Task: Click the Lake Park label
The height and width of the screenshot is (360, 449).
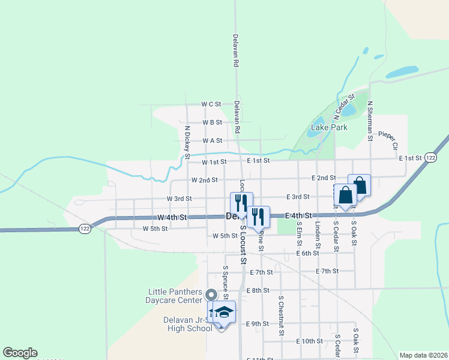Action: pos(329,128)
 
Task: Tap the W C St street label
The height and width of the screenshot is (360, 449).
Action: pos(212,104)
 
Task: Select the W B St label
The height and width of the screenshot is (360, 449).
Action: pos(212,122)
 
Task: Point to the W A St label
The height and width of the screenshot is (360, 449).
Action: pos(212,141)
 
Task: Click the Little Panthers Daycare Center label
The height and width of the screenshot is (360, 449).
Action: pos(175,296)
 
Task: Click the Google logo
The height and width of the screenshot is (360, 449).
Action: pos(20,353)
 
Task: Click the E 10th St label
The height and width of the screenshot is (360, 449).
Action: pos(310,341)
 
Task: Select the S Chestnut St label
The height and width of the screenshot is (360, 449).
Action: pos(280,315)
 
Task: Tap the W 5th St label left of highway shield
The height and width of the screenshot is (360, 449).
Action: pos(155,229)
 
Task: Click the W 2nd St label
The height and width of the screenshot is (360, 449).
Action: pos(204,180)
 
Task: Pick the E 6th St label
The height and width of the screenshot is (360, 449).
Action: pos(307,254)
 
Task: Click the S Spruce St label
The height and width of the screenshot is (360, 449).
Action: pos(225,282)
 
